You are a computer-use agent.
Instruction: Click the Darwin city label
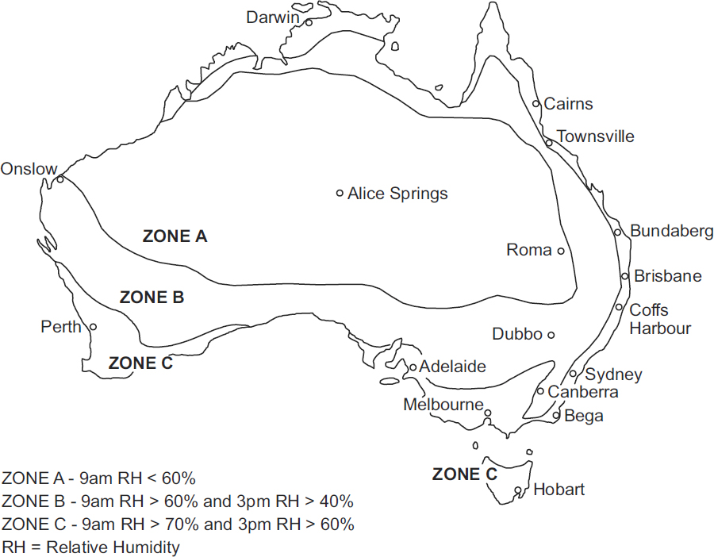click(272, 17)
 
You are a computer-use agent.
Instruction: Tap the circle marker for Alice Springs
click(340, 193)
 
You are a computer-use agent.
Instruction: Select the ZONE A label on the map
click(175, 236)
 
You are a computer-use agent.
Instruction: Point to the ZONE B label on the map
click(152, 298)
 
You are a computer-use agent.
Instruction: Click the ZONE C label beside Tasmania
click(465, 474)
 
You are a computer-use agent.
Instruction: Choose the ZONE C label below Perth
click(140, 363)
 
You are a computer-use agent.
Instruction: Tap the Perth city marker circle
click(93, 326)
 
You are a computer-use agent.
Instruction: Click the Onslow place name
click(29, 169)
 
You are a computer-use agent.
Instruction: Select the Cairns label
click(569, 104)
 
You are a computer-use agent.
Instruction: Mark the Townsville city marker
click(548, 143)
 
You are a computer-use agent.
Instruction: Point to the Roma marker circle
click(560, 251)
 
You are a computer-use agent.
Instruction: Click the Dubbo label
click(517, 334)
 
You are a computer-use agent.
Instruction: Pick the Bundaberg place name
click(672, 231)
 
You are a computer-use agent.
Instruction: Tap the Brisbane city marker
click(625, 276)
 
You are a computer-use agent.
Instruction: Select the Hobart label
click(559, 490)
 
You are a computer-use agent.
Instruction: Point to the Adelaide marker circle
click(413, 367)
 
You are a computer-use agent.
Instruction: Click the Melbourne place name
click(443, 405)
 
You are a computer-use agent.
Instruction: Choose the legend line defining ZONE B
click(178, 501)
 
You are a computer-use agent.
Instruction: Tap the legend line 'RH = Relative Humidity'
click(91, 547)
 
